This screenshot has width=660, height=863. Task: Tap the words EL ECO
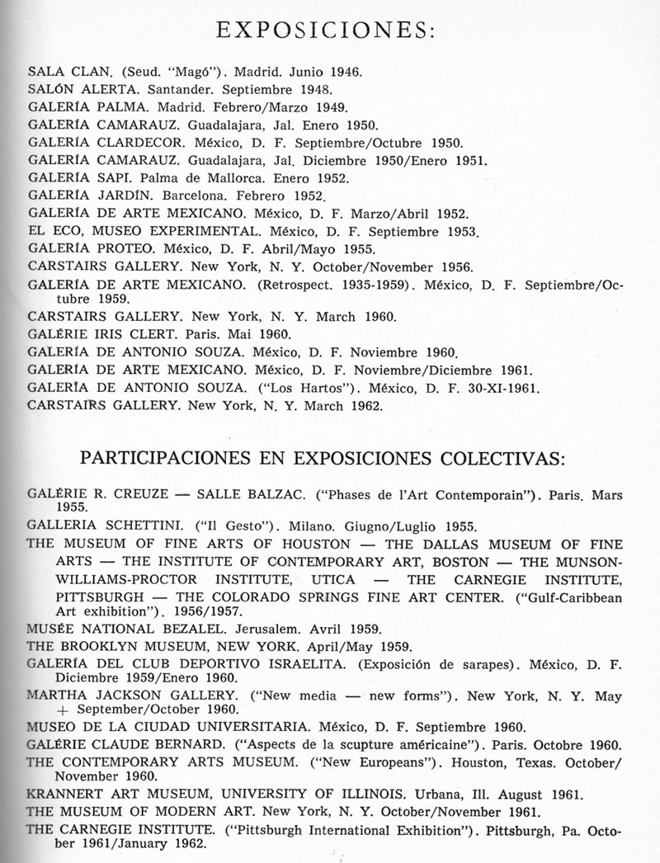point(54,232)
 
